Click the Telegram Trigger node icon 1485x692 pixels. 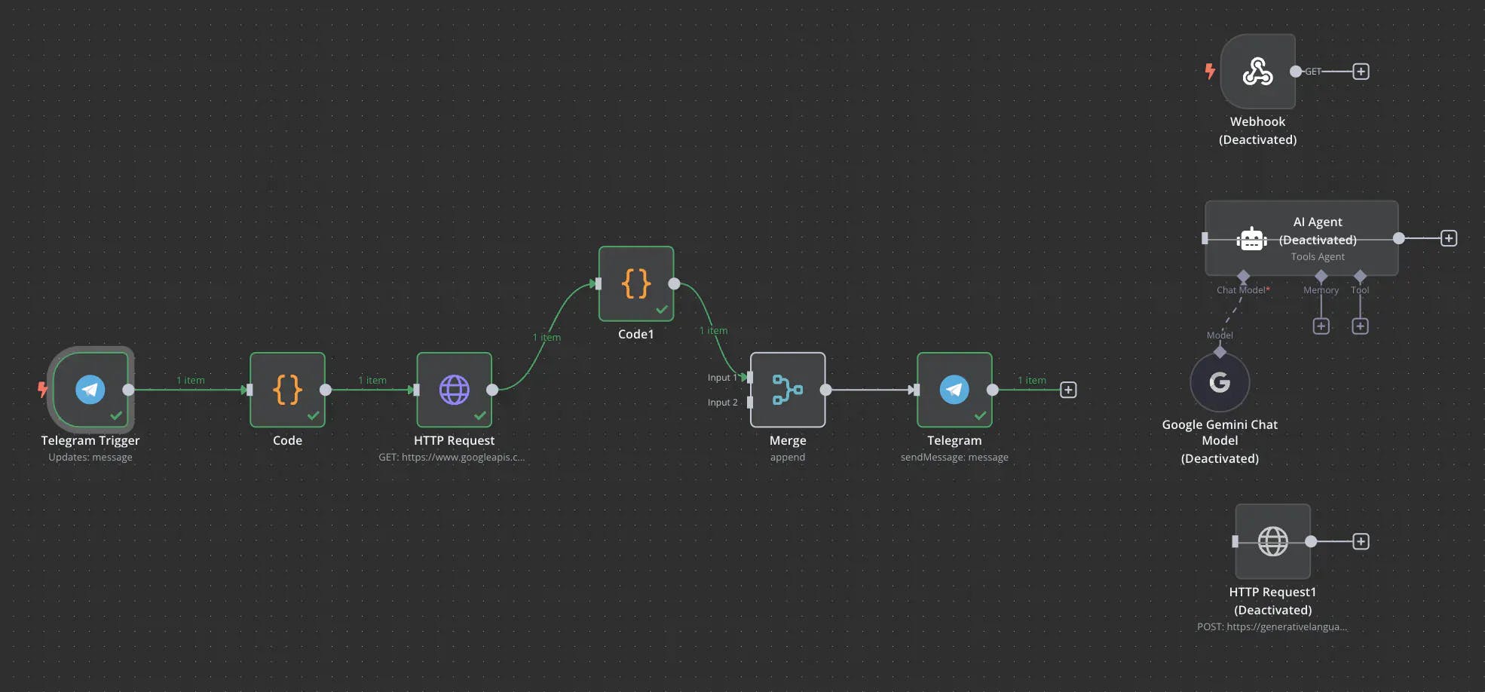[90, 390]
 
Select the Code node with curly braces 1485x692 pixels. [287, 390]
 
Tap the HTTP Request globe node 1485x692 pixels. [454, 390]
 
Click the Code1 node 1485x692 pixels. [636, 284]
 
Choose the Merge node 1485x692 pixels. [788, 390]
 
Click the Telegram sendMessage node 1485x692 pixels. [954, 390]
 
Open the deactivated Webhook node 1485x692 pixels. [1257, 72]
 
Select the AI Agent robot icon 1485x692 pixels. [1251, 239]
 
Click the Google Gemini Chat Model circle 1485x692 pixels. [1220, 383]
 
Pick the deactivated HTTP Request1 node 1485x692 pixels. [1272, 541]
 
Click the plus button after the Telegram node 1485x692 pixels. [1068, 390]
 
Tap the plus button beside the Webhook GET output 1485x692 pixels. [1361, 72]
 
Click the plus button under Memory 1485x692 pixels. [1321, 326]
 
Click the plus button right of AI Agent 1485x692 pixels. [1449, 239]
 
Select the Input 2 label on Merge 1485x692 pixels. [722, 403]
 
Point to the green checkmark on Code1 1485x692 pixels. [662, 309]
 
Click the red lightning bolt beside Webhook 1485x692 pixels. [1210, 72]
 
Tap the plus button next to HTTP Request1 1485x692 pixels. [1361, 541]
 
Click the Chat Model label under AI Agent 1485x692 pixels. [1241, 290]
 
